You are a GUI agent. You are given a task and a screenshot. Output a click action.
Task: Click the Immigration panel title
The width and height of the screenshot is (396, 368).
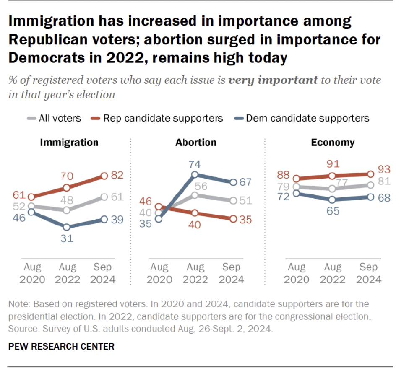tap(69, 143)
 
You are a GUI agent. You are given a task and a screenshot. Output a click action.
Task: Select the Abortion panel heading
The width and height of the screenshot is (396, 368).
tap(196, 143)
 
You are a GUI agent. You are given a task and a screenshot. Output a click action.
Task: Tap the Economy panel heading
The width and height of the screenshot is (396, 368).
tap(333, 143)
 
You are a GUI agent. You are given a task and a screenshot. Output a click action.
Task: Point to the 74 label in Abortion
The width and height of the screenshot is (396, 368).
tap(194, 164)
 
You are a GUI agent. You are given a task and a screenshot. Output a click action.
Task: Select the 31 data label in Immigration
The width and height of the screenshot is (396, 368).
tap(66, 238)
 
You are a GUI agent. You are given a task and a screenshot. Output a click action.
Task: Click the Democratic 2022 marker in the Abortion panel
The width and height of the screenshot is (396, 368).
tap(194, 175)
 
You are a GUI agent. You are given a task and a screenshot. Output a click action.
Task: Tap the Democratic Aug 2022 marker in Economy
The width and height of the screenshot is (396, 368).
tap(332, 200)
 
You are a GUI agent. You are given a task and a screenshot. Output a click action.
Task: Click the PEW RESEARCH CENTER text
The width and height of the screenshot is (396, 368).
tap(61, 346)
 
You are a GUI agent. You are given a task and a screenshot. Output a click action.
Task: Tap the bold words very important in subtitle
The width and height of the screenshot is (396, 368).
tap(273, 80)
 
